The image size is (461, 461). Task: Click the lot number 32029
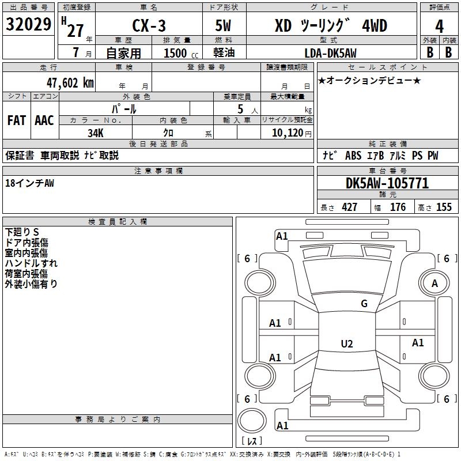(28, 25)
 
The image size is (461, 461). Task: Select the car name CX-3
(148, 26)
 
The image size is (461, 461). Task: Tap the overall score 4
(439, 26)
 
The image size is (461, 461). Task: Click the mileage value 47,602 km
(66, 82)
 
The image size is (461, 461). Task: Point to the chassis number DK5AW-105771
(387, 184)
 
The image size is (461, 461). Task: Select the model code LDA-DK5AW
(330, 53)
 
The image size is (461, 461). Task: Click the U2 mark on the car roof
(346, 344)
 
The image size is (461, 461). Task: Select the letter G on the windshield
(364, 304)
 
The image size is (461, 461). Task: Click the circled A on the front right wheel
(434, 283)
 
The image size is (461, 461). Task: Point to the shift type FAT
(17, 120)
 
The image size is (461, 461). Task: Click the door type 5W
(225, 26)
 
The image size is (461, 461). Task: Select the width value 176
(398, 207)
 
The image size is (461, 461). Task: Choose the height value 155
(444, 207)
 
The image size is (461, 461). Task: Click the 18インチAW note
(29, 183)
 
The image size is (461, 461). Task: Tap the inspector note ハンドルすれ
(31, 263)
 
